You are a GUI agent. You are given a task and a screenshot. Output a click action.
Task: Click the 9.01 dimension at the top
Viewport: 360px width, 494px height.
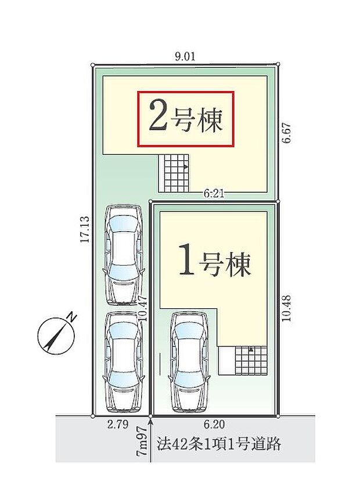186,56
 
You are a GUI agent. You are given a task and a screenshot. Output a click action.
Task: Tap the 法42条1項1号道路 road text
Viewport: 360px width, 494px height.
219,445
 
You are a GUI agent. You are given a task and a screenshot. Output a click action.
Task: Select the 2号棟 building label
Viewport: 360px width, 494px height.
186,118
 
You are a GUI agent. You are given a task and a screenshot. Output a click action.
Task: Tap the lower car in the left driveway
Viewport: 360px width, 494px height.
123,361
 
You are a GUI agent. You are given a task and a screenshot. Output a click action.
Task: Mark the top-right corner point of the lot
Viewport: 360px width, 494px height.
279,64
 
